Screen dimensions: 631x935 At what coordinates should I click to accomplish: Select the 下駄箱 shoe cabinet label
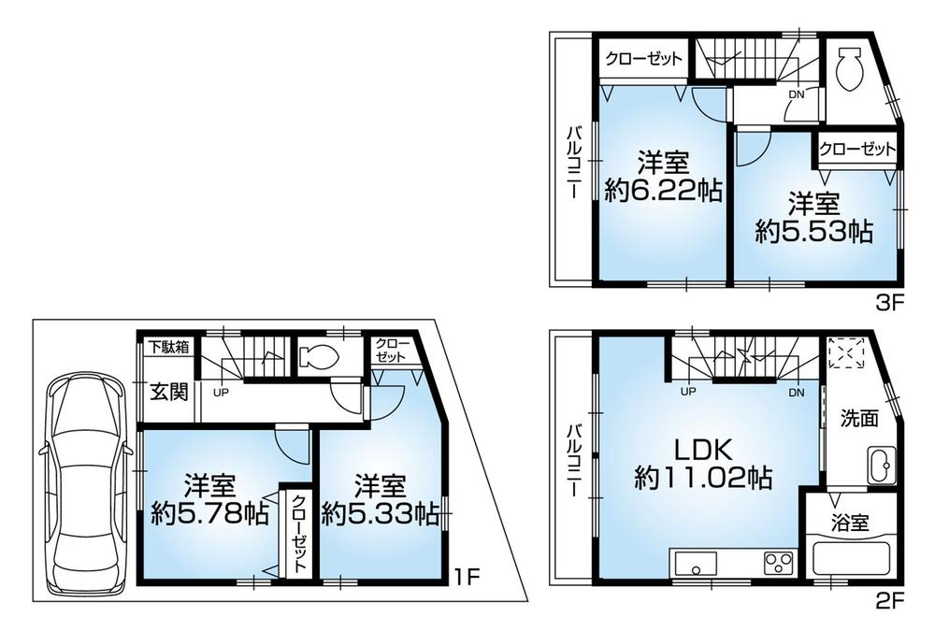[168, 346]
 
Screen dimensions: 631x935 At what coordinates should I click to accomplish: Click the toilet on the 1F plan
[317, 356]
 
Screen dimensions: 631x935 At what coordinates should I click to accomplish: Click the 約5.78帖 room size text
[210, 512]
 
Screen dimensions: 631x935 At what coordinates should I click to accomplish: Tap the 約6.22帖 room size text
[663, 191]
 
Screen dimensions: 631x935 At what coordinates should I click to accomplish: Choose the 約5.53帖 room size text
[813, 232]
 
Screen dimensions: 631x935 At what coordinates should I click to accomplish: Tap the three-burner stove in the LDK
[778, 563]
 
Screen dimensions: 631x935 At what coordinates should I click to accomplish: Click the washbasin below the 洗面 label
[880, 465]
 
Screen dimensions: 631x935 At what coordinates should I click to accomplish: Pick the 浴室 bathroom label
[851, 522]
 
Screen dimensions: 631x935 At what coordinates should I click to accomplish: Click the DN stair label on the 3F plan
[796, 93]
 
